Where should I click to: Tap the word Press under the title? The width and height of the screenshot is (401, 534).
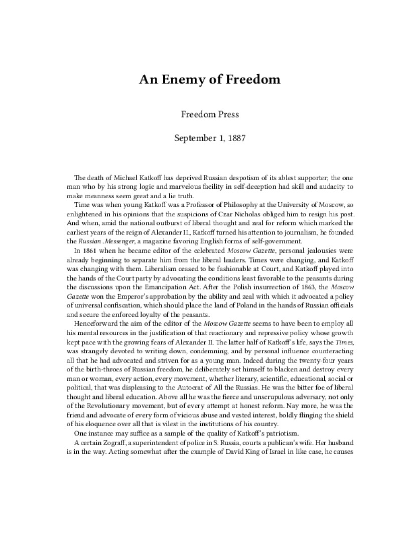point(226,114)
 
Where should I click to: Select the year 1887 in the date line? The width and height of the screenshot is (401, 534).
point(235,137)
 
